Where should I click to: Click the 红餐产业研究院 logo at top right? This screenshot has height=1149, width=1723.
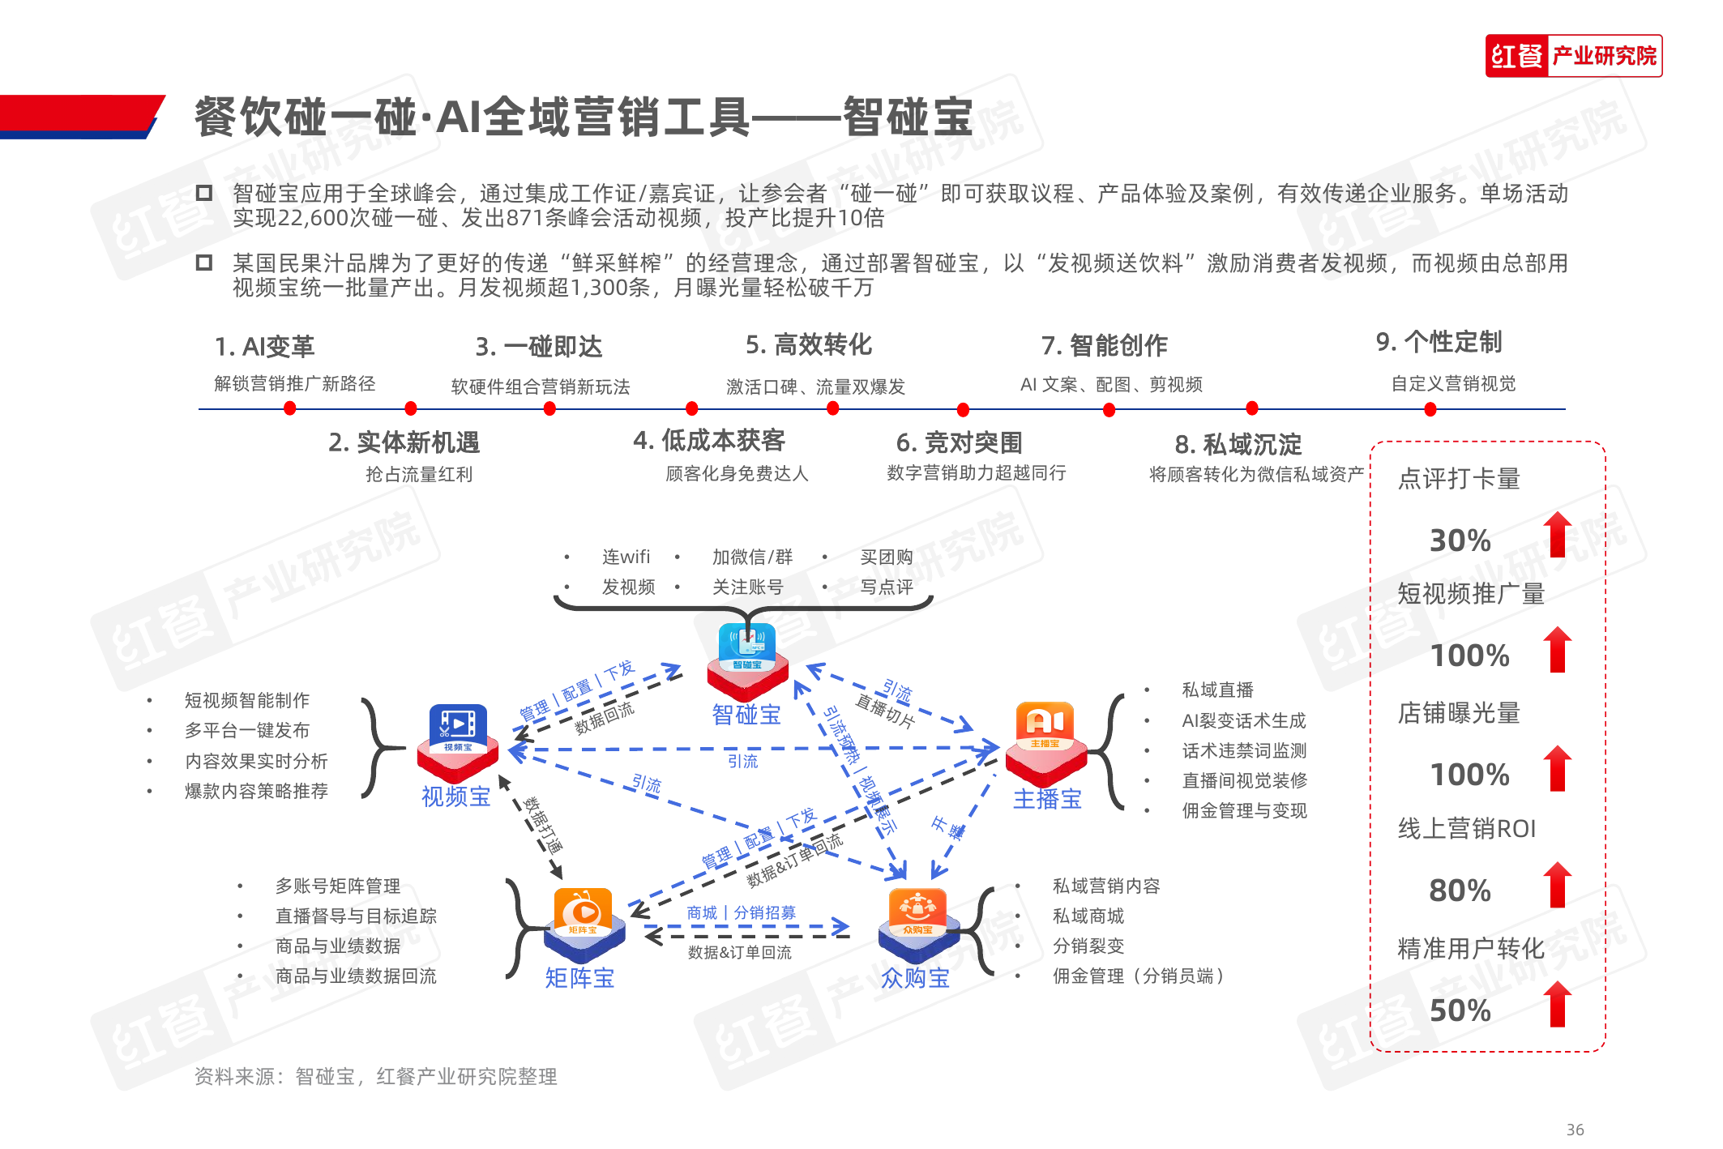pyautogui.click(x=1573, y=56)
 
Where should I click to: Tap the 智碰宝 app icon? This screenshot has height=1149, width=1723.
pyautogui.click(x=746, y=656)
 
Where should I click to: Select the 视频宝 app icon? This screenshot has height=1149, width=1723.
pyautogui.click(x=458, y=738)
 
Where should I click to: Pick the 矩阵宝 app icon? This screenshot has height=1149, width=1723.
pyautogui.click(x=583, y=920)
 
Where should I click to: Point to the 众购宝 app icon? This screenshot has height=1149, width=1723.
pyautogui.click(x=917, y=920)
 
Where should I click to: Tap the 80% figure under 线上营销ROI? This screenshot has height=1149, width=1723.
pyautogui.click(x=1460, y=891)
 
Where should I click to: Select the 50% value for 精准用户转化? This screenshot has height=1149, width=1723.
pyautogui.click(x=1460, y=1010)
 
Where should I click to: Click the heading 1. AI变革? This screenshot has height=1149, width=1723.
pyautogui.click(x=264, y=347)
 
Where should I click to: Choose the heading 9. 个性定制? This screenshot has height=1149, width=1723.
pyautogui.click(x=1439, y=342)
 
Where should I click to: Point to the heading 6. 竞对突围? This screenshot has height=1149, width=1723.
pyautogui.click(x=959, y=442)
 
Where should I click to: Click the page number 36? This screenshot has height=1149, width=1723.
pyautogui.click(x=1575, y=1130)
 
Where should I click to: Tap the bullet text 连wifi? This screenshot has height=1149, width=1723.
pyautogui.click(x=626, y=557)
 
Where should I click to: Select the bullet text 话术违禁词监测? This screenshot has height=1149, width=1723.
pyautogui.click(x=1244, y=750)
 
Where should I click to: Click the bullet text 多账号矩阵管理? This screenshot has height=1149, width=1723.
pyautogui.click(x=338, y=886)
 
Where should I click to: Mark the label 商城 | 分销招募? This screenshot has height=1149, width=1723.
pyautogui.click(x=741, y=912)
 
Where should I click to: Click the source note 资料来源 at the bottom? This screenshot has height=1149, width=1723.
pyautogui.click(x=375, y=1076)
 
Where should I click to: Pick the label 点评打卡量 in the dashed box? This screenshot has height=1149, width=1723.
pyautogui.click(x=1459, y=479)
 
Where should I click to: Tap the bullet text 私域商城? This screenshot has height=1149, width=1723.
pyautogui.click(x=1088, y=916)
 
